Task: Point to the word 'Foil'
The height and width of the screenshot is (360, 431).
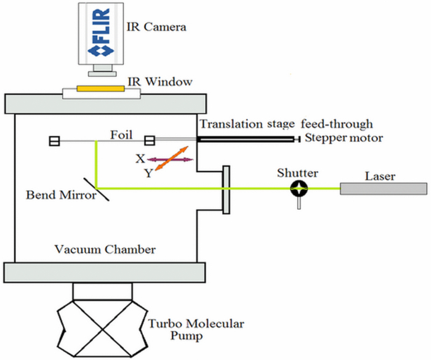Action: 121,134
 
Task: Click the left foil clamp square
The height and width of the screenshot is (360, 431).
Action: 54,142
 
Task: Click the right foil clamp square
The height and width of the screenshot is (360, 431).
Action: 149,141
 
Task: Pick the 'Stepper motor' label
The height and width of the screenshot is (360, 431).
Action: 345,138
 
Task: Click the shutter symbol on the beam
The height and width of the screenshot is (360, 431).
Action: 299,189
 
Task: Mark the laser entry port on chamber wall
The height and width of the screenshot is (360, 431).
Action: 226,188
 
